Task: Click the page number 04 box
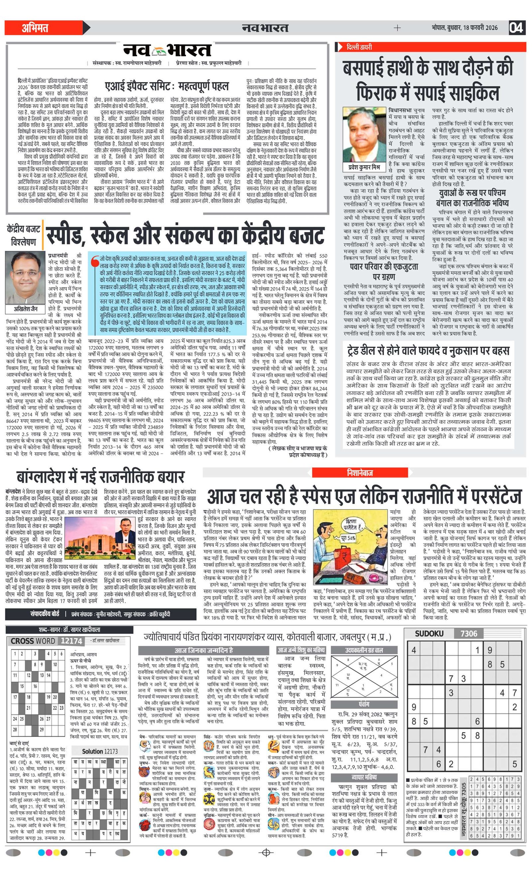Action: click(x=517, y=28)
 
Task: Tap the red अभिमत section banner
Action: click(x=36, y=28)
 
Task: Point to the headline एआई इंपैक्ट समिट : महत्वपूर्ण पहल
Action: click(x=167, y=86)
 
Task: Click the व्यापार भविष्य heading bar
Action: click(x=364, y=777)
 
